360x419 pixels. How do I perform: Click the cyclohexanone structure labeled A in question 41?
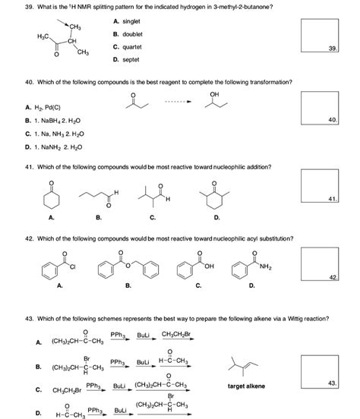pos(52,199)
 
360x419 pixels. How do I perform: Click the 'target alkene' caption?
pos(246,386)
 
